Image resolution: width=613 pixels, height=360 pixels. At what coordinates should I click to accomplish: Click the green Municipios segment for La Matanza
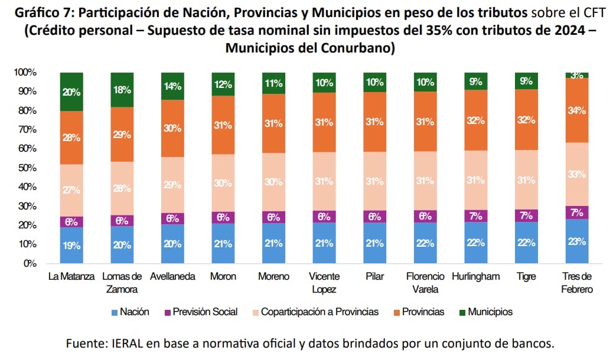71,91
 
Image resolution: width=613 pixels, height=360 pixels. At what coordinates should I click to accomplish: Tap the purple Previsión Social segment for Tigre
527,216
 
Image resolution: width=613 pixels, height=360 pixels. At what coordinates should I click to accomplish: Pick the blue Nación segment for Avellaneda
172,244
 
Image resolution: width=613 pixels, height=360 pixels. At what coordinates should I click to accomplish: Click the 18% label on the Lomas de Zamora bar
122,90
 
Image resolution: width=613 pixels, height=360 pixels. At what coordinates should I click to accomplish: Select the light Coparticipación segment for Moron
223,183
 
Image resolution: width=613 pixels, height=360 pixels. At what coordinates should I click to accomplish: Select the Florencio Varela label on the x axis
425,283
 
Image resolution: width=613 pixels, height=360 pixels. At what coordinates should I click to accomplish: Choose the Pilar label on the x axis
375,276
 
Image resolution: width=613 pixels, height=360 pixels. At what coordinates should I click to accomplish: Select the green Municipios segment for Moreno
274,83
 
